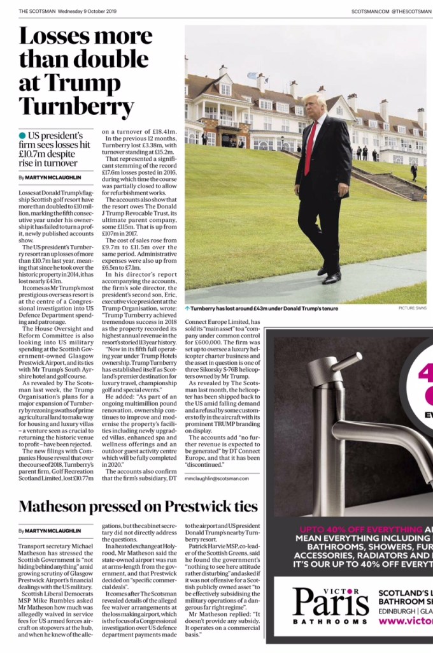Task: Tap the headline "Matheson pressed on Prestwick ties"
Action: pyautogui.click(x=138, y=506)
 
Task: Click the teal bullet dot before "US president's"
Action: pyautogui.click(x=22, y=136)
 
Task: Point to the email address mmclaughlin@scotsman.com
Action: pyautogui.click(x=216, y=478)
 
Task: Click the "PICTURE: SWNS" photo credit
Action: pyautogui.click(x=412, y=308)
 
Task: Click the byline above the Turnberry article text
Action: pyautogui.click(x=50, y=177)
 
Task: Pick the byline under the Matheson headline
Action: pyautogui.click(x=50, y=530)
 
